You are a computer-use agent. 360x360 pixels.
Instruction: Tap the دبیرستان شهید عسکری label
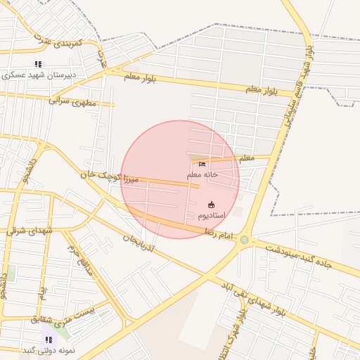click(x=42, y=74)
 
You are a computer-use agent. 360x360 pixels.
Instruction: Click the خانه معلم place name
click(x=202, y=174)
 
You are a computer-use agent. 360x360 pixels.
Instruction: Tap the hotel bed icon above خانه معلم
click(x=202, y=165)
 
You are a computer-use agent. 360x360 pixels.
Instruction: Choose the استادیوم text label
click(x=211, y=214)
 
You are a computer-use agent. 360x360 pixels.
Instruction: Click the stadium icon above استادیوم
click(x=211, y=205)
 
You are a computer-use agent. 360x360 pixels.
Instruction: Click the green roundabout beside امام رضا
click(x=244, y=240)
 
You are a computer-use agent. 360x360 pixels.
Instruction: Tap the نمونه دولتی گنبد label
click(x=49, y=349)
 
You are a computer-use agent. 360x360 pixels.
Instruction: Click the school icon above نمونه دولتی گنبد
click(x=49, y=340)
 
